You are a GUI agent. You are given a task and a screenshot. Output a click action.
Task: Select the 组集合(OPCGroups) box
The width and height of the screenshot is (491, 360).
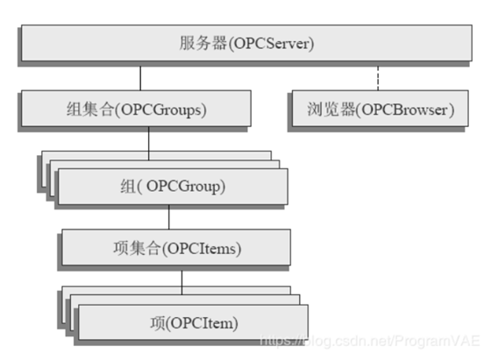[x=146, y=109]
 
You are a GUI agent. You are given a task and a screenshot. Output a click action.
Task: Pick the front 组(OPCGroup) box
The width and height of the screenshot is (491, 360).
[x=172, y=187]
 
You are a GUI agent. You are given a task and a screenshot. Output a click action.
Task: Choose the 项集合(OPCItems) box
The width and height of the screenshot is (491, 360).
[x=176, y=249]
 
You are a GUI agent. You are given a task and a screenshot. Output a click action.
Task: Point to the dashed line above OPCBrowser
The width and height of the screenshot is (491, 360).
[x=379, y=77]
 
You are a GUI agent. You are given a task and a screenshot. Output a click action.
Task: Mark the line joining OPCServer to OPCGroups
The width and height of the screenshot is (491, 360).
[x=140, y=77]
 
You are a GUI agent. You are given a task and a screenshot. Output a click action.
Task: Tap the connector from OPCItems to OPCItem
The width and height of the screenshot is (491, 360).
[x=182, y=280]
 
